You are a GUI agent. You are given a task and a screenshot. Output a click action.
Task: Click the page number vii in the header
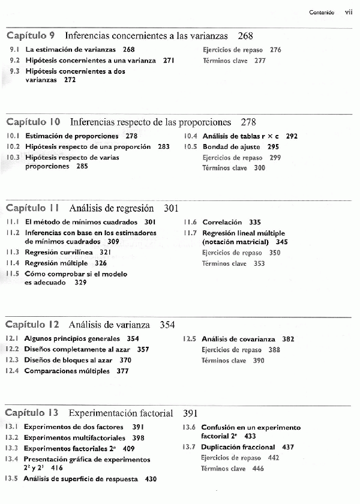tap(349, 12)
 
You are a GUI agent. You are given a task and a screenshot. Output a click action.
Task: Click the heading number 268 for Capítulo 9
tap(245, 36)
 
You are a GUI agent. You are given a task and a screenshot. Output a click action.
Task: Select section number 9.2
tap(14, 61)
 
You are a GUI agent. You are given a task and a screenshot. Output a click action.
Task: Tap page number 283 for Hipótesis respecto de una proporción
tap(163, 147)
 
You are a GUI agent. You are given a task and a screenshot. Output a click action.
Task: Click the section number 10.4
tap(191, 136)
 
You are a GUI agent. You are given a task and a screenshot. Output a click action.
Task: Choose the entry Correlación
tap(222, 222)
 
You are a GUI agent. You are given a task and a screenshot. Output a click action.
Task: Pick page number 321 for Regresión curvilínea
tap(106, 253)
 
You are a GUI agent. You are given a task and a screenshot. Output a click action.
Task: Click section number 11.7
tap(190, 233)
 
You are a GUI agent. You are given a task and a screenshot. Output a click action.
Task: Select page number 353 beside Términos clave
tap(259, 263)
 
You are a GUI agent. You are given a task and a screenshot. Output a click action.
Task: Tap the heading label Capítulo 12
tap(33, 325)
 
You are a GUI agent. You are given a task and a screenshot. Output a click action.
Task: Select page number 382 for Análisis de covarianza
tap(288, 339)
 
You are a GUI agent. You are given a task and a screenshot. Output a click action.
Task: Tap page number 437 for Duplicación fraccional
tap(287, 447)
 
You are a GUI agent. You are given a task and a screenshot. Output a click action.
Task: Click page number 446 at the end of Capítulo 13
tap(258, 469)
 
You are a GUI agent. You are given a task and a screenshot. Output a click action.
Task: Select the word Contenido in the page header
tap(322, 13)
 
